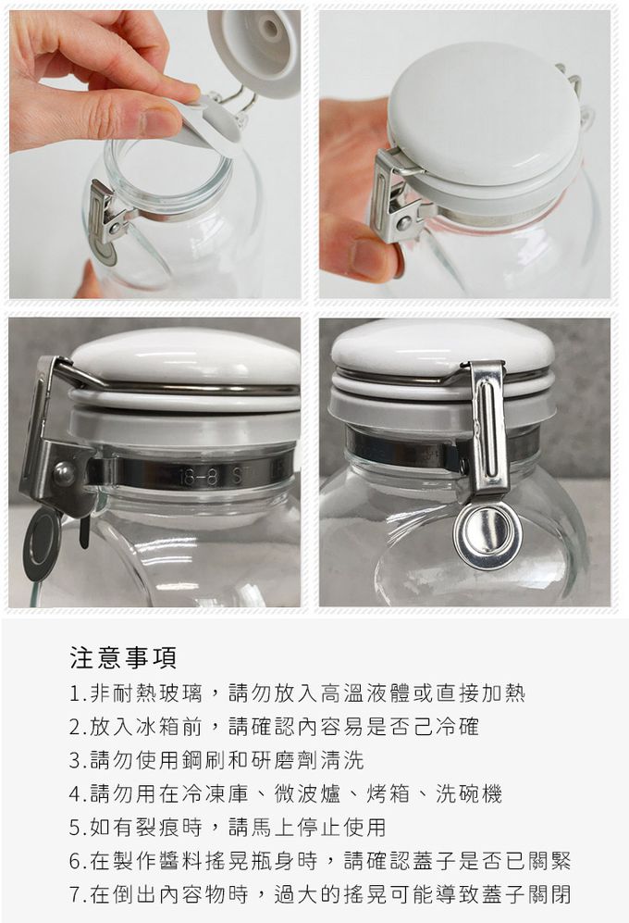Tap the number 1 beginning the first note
[74, 693]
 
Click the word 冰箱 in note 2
[157, 727]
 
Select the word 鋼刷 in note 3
[203, 760]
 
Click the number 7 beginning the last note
[74, 894]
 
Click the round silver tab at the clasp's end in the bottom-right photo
[487, 536]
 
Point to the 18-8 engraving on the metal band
[197, 477]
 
